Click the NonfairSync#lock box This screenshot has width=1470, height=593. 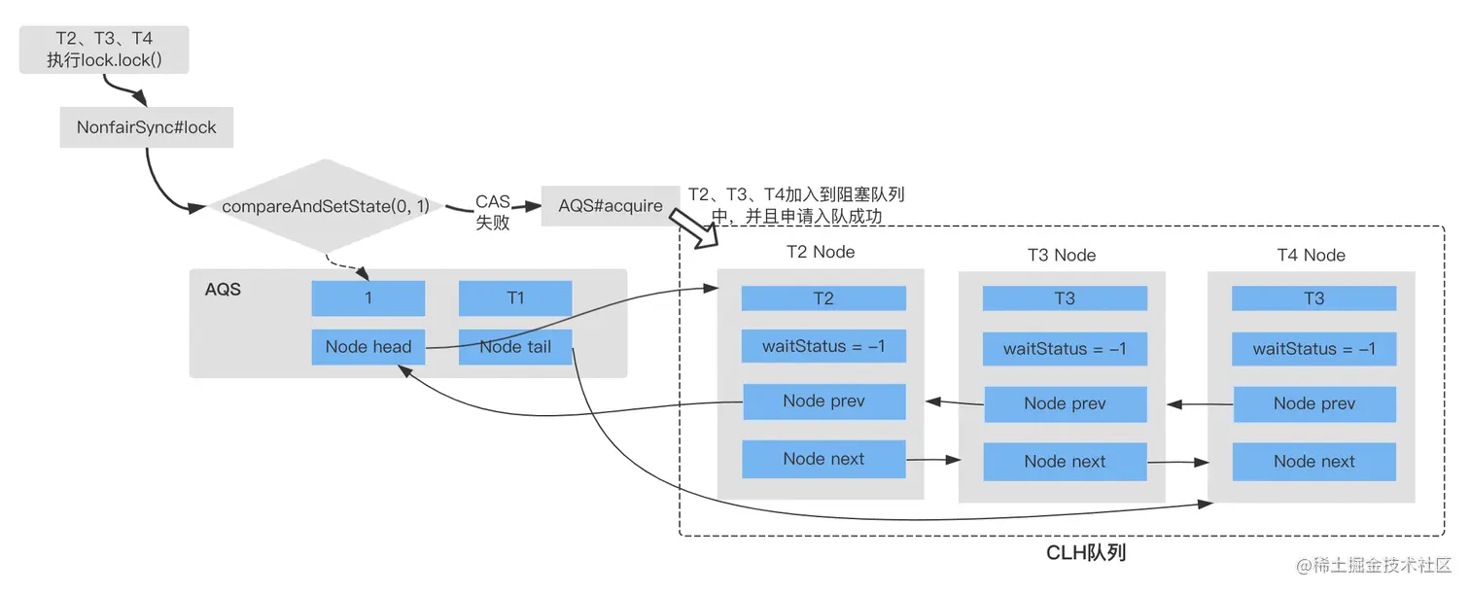click(147, 127)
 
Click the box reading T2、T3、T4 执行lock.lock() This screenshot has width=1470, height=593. click(104, 50)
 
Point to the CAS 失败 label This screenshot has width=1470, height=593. click(493, 212)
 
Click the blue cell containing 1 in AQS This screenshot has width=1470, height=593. click(368, 298)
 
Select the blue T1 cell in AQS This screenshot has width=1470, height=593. click(515, 298)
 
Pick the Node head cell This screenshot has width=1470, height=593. click(368, 347)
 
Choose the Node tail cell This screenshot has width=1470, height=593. click(515, 347)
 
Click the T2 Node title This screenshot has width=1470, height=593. click(821, 252)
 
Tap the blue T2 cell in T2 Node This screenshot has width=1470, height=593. click(823, 298)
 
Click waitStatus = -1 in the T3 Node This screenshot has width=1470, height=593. click(1065, 348)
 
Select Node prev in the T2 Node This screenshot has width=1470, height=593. click(823, 401)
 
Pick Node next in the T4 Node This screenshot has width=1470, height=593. click(1313, 462)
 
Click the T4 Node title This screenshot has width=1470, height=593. click(1311, 256)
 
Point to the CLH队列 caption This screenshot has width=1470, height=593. click(1086, 553)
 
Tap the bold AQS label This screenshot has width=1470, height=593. click(223, 290)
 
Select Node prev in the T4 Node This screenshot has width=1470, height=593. click(1313, 403)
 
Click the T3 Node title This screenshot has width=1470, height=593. click(1062, 256)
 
